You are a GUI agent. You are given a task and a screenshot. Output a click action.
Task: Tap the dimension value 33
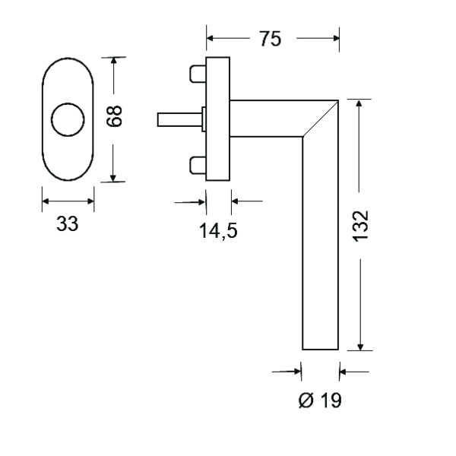tap(68, 225)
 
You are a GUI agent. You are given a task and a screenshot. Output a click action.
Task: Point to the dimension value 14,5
tap(218, 231)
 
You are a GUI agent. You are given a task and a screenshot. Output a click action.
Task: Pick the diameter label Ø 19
tap(320, 401)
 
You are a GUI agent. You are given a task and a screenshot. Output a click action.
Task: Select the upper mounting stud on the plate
tap(198, 74)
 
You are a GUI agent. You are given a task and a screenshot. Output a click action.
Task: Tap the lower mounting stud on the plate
tap(198, 163)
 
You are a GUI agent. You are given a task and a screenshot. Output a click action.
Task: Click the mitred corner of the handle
tap(319, 118)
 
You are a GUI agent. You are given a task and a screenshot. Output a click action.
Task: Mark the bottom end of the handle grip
tap(320, 347)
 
